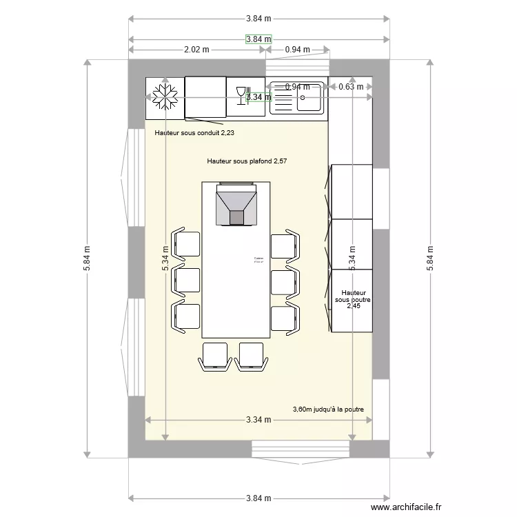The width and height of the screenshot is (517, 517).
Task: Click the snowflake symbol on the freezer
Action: tap(165, 97)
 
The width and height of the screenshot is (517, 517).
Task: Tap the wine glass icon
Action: tap(241, 94)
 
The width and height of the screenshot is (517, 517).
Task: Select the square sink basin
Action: tap(310, 101)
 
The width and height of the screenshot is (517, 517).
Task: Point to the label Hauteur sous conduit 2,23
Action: tap(199, 133)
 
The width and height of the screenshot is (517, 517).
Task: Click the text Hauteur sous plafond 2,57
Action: tap(247, 161)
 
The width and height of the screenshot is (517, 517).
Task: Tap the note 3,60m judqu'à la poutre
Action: tap(328, 409)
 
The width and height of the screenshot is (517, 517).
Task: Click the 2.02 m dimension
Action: tap(196, 50)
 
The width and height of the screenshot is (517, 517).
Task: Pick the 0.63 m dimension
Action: tap(351, 87)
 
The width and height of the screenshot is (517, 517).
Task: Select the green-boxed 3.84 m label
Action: tap(258, 39)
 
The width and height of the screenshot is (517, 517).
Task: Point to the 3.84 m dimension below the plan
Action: tap(258, 498)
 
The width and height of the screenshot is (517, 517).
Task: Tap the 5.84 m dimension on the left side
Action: tap(87, 258)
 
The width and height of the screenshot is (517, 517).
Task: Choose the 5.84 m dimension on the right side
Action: tap(430, 258)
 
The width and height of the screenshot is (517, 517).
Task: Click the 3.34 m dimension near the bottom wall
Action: tap(258, 419)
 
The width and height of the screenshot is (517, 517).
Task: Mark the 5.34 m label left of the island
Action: tap(165, 258)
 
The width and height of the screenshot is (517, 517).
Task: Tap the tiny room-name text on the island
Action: tap(258, 260)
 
